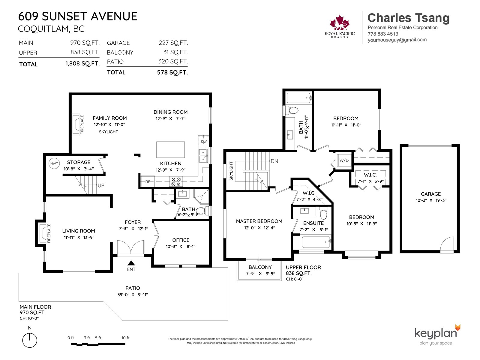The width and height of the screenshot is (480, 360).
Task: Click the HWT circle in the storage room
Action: [54, 163]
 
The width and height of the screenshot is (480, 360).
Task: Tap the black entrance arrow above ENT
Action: [131, 263]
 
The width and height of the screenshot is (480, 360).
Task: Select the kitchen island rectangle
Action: [170, 149]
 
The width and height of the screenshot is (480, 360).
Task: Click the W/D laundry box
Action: [344, 160]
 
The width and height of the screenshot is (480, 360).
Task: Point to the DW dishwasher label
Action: [204, 141]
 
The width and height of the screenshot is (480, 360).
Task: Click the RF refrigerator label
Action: [148, 181]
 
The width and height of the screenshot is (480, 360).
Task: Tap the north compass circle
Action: [30, 340]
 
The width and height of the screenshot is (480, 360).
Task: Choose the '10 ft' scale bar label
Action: [125, 338]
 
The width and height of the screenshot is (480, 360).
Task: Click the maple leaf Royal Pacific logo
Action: [340, 22]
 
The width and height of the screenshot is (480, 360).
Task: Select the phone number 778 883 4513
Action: [383, 34]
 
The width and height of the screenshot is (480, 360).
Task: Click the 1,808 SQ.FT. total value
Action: [82, 64]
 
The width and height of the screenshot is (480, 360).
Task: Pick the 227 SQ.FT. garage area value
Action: [173, 43]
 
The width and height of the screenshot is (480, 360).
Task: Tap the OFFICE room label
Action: [181, 240]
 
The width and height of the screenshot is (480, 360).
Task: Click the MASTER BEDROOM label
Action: [259, 221]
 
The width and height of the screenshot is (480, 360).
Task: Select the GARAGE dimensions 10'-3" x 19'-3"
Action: [431, 200]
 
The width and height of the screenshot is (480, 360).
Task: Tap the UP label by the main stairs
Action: [101, 186]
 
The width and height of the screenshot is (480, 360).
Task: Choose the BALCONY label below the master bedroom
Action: [260, 267]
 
